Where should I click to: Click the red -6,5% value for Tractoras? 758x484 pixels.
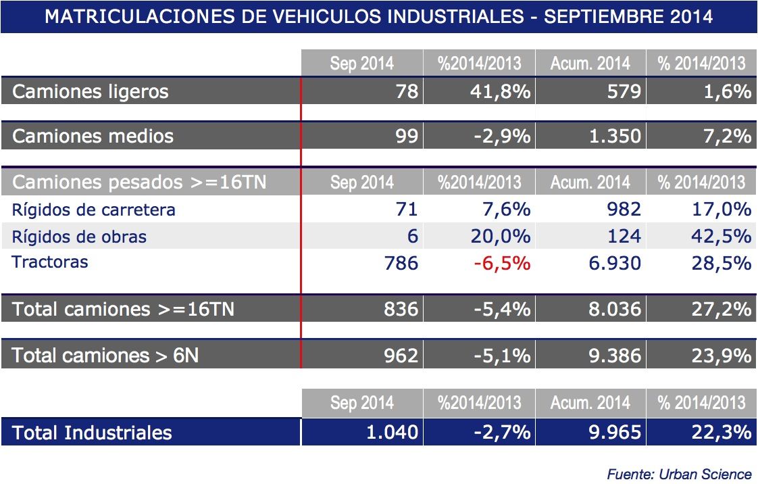[502, 263]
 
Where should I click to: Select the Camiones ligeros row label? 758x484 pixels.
[91, 92]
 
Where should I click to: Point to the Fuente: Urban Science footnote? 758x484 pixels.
[679, 474]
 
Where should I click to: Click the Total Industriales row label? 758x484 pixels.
[92, 433]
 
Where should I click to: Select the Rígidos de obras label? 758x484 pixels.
[79, 237]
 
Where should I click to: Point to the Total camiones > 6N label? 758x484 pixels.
[105, 355]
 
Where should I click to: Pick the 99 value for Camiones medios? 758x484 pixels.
[407, 137]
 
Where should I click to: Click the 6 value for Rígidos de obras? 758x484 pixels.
[413, 237]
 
